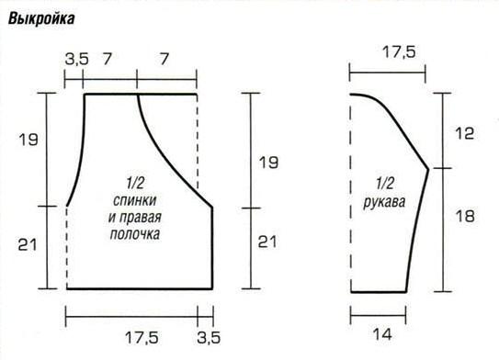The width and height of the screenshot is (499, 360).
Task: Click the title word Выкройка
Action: click(x=41, y=18)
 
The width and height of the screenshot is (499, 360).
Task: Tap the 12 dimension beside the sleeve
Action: click(x=465, y=133)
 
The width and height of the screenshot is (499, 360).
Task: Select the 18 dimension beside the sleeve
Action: click(x=465, y=216)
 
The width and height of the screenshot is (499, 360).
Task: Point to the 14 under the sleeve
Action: click(x=382, y=334)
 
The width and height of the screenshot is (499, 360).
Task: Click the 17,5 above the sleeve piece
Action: click(x=399, y=51)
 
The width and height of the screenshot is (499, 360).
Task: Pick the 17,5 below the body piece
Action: click(x=142, y=337)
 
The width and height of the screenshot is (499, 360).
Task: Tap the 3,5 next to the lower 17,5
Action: click(x=209, y=337)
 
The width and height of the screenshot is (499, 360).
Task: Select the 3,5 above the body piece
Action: click(x=76, y=59)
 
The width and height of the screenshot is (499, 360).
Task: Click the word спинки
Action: click(x=134, y=201)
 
